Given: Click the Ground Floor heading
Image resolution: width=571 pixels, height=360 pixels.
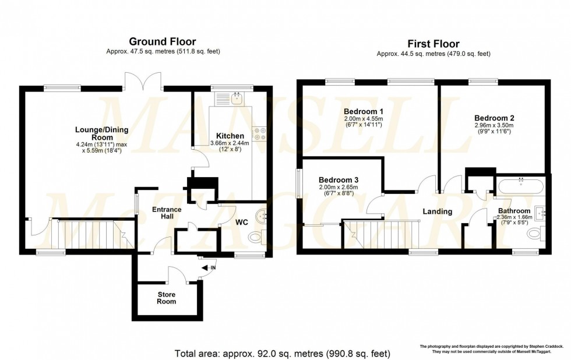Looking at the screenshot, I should pyautogui.click(x=162, y=41).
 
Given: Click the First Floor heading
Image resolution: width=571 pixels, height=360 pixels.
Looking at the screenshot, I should pyautogui.click(x=433, y=44).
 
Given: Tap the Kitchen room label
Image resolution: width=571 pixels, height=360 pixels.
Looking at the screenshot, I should pyautogui.click(x=230, y=136).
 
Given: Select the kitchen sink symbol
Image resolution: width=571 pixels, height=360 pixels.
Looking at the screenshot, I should pyautogui.click(x=237, y=99).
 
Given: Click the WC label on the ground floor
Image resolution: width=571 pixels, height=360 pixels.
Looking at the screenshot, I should pyautogui.click(x=242, y=222).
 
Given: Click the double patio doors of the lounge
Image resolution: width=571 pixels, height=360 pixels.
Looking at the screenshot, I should pyautogui.click(x=143, y=80).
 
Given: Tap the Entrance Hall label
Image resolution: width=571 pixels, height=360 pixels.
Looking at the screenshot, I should pyautogui.click(x=167, y=213).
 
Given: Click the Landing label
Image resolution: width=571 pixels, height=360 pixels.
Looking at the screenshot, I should pyautogui.click(x=437, y=211).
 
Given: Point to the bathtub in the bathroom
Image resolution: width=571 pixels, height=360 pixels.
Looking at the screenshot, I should pyautogui.click(x=520, y=187).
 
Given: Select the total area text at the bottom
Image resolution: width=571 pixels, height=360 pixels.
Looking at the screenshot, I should pyautogui.click(x=283, y=353).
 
